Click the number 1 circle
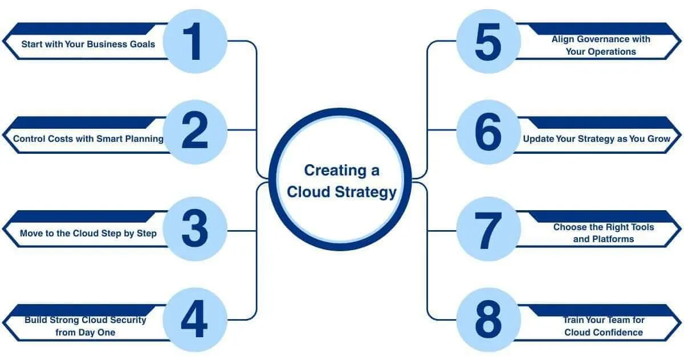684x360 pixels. coord(195,41)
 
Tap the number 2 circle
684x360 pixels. coord(195,132)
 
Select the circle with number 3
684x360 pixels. coord(195,229)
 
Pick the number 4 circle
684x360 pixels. coord(195,320)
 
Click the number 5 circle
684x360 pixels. coord(488,41)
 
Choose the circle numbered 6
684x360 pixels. coord(488,132)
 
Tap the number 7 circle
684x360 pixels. coord(488,229)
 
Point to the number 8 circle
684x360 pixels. coord(488,320)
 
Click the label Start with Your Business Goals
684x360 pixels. coord(88,44)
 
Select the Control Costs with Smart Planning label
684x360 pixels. coord(88,138)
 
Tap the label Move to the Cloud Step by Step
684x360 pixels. coord(88,233)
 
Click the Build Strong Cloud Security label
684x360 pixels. coord(85,326)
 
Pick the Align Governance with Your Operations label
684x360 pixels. coord(601,45)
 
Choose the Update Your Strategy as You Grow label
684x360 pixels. coord(597,138)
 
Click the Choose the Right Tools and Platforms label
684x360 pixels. coord(603,233)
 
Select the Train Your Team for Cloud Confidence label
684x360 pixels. coord(603,326)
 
